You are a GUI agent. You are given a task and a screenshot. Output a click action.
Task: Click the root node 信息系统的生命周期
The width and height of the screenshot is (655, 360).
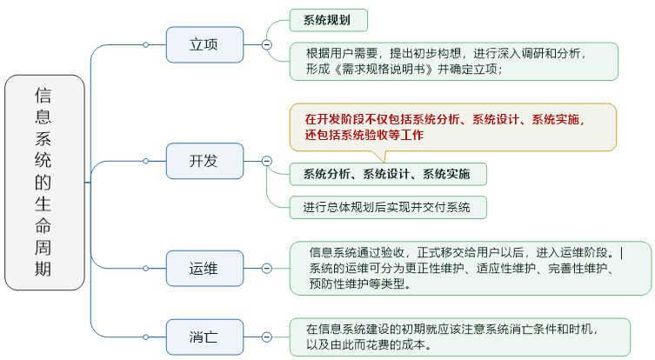44,182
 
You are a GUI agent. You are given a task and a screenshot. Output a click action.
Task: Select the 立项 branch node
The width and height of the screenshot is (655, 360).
204,44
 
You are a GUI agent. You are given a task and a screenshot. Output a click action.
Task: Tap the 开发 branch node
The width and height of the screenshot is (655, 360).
204,161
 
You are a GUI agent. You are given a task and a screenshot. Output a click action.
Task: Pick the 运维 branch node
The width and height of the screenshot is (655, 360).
204,268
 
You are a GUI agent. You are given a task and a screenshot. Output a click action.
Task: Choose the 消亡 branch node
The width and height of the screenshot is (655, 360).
204,337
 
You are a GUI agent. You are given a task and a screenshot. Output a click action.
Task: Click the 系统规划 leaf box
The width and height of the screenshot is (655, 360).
328,20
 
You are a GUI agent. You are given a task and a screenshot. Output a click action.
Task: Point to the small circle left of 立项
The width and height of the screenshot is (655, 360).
146,44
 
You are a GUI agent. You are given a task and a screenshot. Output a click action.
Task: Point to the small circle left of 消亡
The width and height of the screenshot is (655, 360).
146,337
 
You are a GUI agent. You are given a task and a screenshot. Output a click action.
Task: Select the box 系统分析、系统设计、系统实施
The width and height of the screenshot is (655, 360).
387,174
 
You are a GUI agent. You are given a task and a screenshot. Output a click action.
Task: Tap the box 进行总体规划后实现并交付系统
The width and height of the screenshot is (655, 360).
387,207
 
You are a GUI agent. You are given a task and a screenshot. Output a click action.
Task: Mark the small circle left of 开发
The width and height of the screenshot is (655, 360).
146,161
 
